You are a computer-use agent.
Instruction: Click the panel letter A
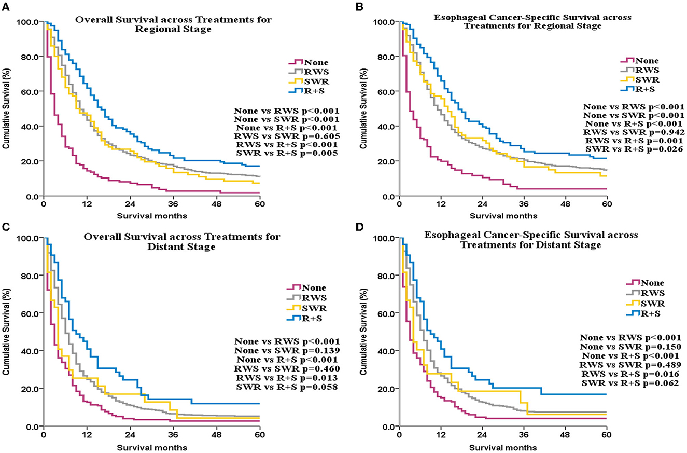(x=4, y=5)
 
